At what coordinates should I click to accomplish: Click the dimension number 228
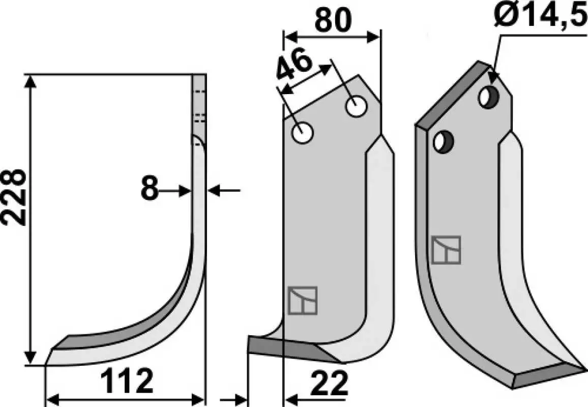[14, 197]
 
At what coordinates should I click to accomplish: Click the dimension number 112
[127, 381]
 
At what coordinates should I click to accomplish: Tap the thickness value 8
[150, 188]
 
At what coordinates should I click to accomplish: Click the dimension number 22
[329, 384]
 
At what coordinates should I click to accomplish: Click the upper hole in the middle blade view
[356, 106]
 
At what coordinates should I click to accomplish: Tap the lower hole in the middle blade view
[302, 133]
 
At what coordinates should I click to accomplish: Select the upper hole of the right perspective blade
[488, 97]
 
